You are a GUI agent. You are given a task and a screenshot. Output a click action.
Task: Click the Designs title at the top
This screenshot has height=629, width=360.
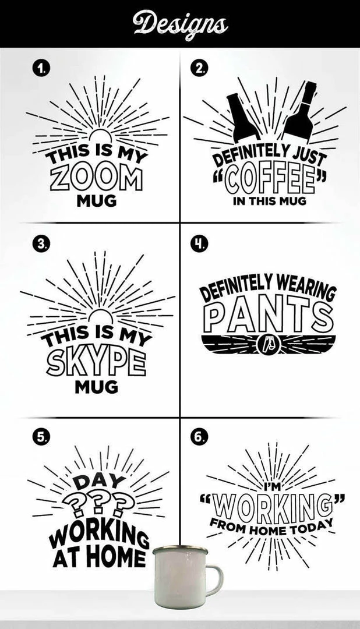pyautogui.click(x=179, y=24)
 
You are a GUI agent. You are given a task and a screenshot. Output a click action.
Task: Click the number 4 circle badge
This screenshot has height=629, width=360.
pyautogui.click(x=199, y=244)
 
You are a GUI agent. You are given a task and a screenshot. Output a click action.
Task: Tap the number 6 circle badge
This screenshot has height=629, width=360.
pyautogui.click(x=199, y=438)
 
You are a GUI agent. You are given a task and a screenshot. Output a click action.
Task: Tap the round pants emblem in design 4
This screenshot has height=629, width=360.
pyautogui.click(x=269, y=344)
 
